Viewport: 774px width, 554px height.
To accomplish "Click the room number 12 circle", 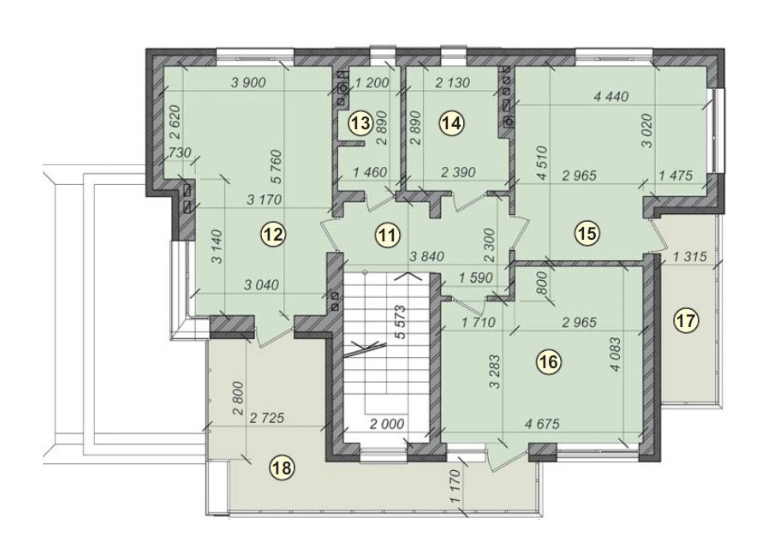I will [x=273, y=234].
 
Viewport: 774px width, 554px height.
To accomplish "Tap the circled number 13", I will [x=360, y=123].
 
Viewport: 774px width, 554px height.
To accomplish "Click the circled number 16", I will [x=548, y=362].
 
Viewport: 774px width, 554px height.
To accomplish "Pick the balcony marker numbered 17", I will [x=686, y=320].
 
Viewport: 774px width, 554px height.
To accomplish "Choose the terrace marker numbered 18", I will [x=280, y=467].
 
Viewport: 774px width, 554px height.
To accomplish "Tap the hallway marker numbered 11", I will [x=389, y=234].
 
